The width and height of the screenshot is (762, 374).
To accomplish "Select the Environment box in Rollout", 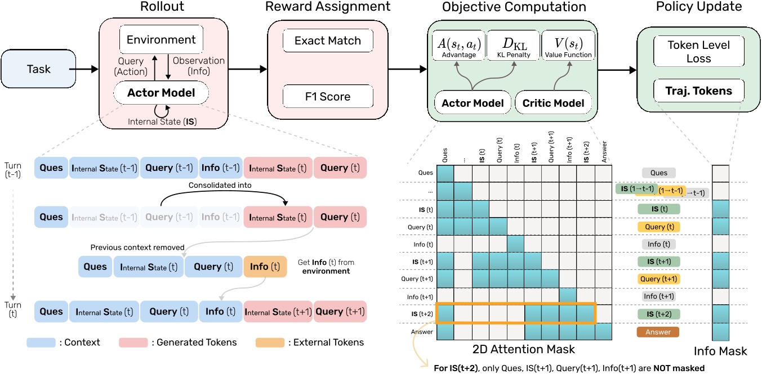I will (x=161, y=40).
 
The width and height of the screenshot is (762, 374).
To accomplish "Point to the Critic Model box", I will (x=553, y=103).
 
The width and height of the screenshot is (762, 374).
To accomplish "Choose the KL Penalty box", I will (x=513, y=46).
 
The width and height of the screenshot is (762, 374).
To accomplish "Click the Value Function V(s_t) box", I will (x=568, y=46).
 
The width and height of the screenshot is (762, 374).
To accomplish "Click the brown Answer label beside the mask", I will (x=658, y=332).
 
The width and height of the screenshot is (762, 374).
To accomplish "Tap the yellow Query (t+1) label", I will (x=658, y=278).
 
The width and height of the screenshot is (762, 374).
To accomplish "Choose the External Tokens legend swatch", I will (x=270, y=342).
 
